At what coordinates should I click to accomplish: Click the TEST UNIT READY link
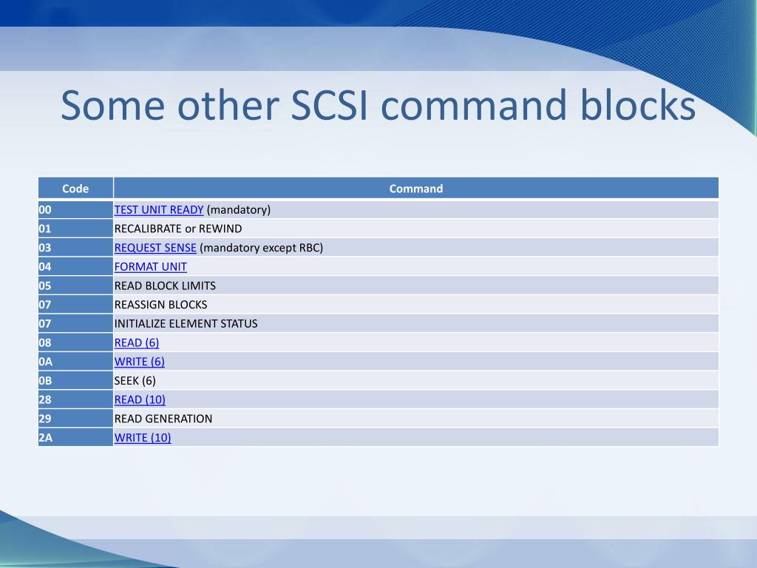(158, 209)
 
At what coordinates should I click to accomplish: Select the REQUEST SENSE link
(155, 248)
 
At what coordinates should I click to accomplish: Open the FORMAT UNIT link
(150, 266)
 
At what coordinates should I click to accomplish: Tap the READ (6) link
(136, 342)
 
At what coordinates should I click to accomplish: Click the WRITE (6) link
(139, 362)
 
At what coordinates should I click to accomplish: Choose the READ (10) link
(140, 399)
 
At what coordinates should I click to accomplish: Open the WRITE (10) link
(143, 437)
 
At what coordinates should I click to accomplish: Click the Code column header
(75, 189)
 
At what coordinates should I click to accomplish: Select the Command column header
(415, 189)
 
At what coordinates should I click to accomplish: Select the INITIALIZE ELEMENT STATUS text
(186, 323)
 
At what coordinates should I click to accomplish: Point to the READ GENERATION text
(163, 419)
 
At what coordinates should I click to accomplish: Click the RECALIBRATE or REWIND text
(177, 229)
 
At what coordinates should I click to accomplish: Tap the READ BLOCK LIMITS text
(165, 285)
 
